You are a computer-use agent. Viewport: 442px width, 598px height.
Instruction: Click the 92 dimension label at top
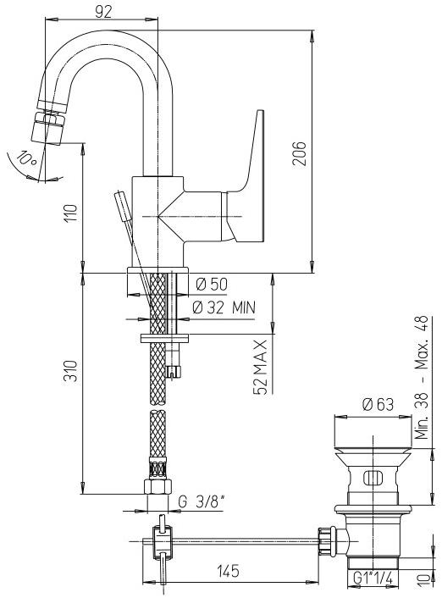click(103, 12)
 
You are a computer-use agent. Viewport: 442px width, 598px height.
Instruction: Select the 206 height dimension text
click(300, 153)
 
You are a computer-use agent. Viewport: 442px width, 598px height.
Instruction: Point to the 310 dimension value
click(70, 370)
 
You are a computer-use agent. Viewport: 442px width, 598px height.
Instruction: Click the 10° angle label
click(27, 158)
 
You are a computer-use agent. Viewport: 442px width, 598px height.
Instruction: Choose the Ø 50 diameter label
click(212, 284)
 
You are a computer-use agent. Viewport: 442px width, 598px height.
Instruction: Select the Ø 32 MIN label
click(224, 307)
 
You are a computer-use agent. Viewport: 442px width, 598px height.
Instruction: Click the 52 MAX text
click(260, 367)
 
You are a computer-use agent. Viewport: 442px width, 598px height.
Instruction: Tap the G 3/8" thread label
click(202, 502)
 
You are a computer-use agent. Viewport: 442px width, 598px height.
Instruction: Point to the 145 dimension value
click(228, 571)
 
